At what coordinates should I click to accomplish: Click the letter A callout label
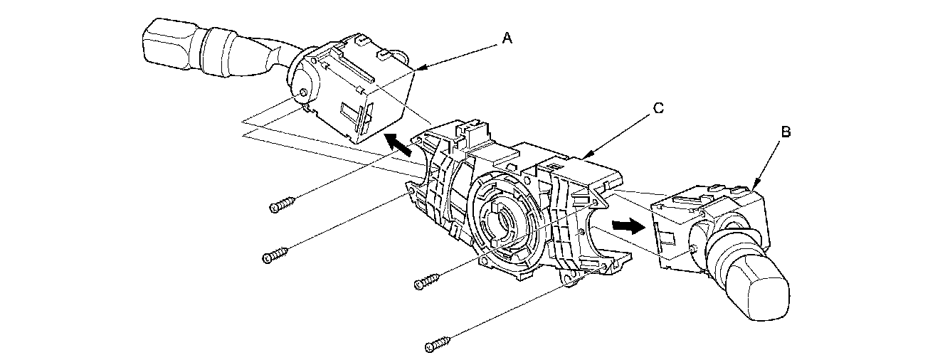(x=507, y=39)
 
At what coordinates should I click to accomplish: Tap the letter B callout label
(x=786, y=132)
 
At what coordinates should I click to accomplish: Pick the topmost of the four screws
(x=282, y=206)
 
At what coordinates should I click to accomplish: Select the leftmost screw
(x=275, y=255)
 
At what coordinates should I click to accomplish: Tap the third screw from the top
(x=426, y=282)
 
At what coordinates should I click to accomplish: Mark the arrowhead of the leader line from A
(x=419, y=68)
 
